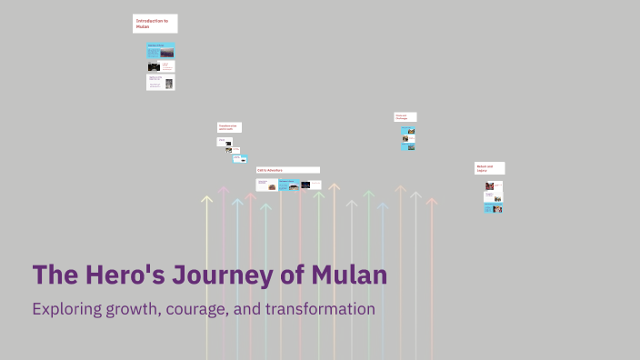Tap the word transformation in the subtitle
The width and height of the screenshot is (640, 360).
(321, 309)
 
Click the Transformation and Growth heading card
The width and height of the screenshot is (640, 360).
(229, 127)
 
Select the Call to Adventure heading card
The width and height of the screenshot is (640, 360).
(287, 170)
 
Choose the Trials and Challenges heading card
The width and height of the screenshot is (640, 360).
(405, 116)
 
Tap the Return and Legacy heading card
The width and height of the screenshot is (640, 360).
(489, 168)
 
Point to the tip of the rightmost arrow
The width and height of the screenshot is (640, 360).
(432, 200)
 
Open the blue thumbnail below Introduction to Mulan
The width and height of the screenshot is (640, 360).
(160, 50)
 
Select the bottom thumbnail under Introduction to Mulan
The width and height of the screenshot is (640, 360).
(160, 82)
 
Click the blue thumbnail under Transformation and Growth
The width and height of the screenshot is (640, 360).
(240, 158)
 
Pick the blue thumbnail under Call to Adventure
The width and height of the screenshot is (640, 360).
(288, 185)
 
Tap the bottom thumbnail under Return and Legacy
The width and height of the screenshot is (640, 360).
(494, 208)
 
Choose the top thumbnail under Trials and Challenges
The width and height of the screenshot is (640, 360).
(409, 131)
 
